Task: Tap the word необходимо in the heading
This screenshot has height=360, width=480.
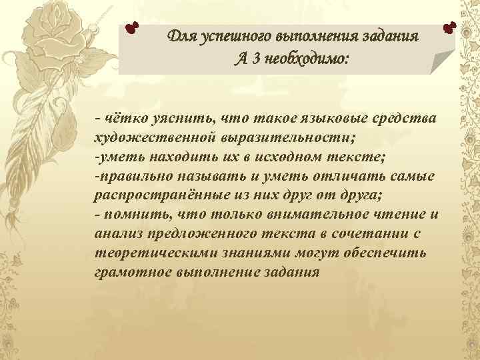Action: (303, 59)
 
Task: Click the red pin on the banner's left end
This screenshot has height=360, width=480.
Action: (133, 28)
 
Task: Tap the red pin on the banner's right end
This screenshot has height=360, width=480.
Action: (449, 27)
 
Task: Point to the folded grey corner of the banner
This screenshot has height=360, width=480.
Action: (441, 63)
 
